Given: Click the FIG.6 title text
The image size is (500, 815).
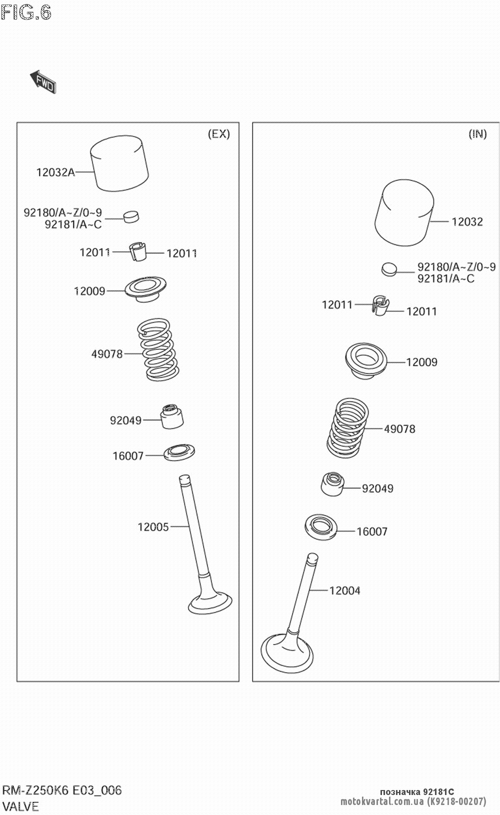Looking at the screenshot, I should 26,13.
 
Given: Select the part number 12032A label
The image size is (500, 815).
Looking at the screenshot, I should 55,172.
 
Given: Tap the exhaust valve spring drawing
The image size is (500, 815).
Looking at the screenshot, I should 156,348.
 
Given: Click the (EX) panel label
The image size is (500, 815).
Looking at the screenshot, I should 218,134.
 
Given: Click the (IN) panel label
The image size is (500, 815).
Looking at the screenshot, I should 477,134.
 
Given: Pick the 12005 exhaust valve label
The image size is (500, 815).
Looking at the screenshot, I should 153,527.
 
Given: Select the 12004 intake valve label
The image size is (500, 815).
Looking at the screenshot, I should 344,591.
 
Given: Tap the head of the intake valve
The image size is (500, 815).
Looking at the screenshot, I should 287,653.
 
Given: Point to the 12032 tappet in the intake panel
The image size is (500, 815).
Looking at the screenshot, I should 404,213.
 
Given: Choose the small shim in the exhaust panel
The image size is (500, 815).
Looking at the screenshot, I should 131,216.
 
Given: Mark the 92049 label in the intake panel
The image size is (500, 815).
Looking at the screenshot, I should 377,488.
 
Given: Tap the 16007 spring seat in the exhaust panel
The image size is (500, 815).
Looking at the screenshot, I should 179,453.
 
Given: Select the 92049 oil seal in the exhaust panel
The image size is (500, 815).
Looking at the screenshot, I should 171,416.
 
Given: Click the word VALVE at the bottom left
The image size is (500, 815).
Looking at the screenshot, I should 20,806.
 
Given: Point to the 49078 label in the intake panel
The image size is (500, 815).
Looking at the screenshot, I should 399,429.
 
